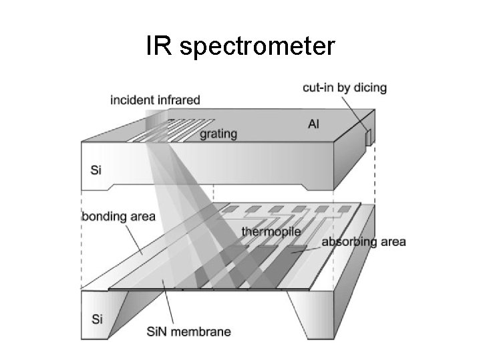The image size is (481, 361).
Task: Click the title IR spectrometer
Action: tap(240, 46)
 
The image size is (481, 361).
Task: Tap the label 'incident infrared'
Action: tap(155, 100)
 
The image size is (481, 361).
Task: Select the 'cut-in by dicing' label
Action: tap(345, 88)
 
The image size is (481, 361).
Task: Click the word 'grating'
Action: tap(218, 134)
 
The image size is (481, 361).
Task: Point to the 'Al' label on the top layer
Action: tap(313, 124)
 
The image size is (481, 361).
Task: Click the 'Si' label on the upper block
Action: tap(96, 170)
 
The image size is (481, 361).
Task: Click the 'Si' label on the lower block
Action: tap(97, 320)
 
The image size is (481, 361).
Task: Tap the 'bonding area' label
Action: tap(119, 217)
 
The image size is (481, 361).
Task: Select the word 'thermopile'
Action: tap(271, 231)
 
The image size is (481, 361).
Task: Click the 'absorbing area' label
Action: tap(363, 242)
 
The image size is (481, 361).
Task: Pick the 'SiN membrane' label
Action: tap(188, 332)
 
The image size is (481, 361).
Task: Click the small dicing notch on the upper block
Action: tap(368, 136)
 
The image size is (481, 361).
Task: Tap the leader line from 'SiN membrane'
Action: tap(168, 302)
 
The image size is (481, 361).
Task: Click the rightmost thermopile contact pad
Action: tap(344, 209)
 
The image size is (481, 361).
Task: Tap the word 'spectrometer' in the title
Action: tap(257, 47)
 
